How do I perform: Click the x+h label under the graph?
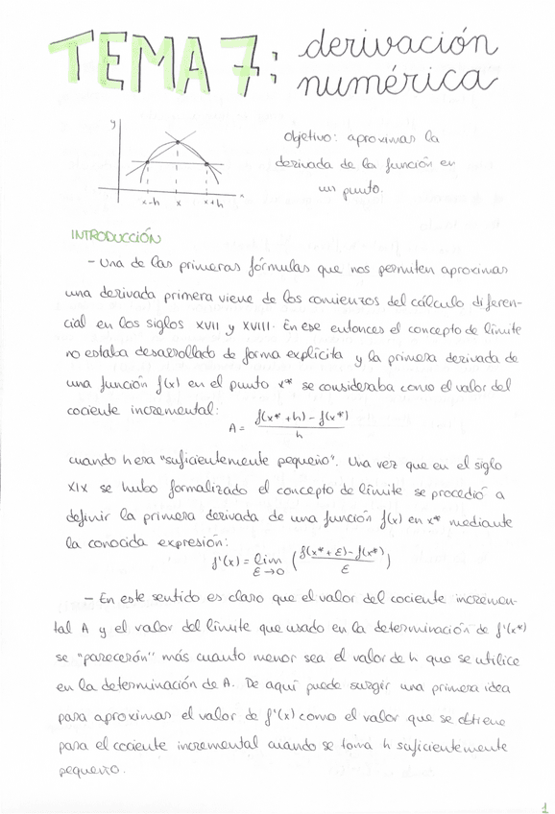(212, 203)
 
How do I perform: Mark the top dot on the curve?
(179, 144)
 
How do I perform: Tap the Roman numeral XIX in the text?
(81, 491)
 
